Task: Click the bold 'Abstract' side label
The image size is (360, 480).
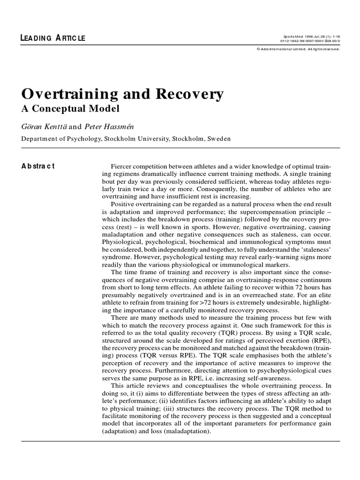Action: pyautogui.click(x=38, y=166)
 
